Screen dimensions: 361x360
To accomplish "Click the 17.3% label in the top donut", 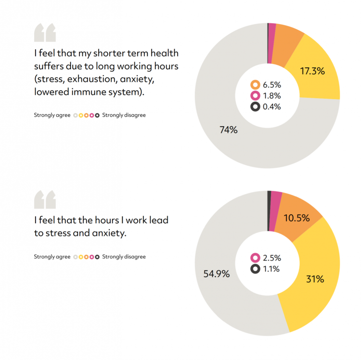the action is pyautogui.click(x=312, y=71).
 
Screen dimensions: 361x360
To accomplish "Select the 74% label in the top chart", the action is pyautogui.click(x=228, y=130).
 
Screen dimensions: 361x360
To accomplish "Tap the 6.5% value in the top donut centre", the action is pyautogui.click(x=272, y=85).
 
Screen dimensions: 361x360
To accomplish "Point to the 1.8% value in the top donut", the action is pyautogui.click(x=272, y=96).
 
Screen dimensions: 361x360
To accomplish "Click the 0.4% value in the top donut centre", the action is pyautogui.click(x=272, y=107).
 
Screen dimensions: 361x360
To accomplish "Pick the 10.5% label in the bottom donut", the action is pyautogui.click(x=297, y=218).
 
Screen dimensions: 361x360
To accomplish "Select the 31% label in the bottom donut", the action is pyautogui.click(x=315, y=279).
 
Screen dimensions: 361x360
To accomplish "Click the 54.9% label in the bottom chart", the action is pyautogui.click(x=217, y=274).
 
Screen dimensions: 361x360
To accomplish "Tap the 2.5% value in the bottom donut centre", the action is pyautogui.click(x=272, y=258).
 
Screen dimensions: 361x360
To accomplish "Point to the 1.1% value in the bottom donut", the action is pyautogui.click(x=271, y=269).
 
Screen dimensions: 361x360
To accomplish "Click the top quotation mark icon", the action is pyautogui.click(x=45, y=32).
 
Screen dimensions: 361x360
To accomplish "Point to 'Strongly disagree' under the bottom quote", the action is pyautogui.click(x=124, y=257).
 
